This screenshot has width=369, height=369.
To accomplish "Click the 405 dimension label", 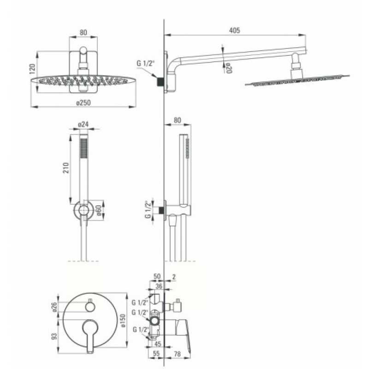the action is tap(234, 30).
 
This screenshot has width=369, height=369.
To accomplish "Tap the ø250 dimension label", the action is tap(83, 102).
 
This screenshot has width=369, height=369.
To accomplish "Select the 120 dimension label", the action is tap(32, 69).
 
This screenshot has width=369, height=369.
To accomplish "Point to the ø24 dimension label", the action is tap(83, 124).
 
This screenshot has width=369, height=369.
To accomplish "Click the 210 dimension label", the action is tap(66, 168).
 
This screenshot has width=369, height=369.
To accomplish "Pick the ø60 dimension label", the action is tap(99, 210).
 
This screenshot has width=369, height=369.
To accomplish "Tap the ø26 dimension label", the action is tap(54, 307).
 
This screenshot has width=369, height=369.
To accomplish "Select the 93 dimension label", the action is tap(54, 336).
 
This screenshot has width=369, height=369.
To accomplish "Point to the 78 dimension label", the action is tap(178, 354).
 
